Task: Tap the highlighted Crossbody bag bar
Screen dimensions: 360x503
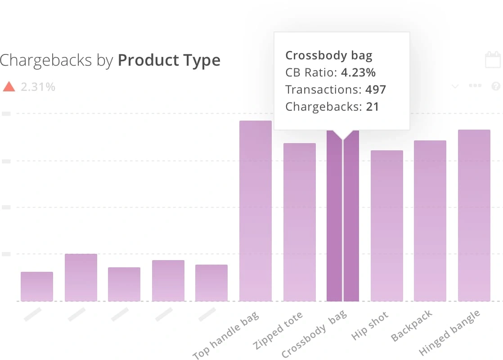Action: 343,216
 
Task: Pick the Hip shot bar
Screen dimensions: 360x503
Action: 386,225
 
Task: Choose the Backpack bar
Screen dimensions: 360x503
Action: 430,220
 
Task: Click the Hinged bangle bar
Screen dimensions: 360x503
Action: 474,215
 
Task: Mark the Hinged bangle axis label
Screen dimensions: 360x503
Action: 449,333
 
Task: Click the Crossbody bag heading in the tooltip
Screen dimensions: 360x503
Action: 329,56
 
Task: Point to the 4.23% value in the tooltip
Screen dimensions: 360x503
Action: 358,72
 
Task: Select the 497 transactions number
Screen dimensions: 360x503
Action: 376,90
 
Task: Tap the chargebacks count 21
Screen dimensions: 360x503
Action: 372,107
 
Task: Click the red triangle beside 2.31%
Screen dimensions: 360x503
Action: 9,86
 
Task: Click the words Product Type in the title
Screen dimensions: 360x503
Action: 169,60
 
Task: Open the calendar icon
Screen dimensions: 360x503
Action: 493,60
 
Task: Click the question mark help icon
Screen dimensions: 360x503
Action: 496,86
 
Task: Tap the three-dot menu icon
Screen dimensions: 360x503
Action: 476,86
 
